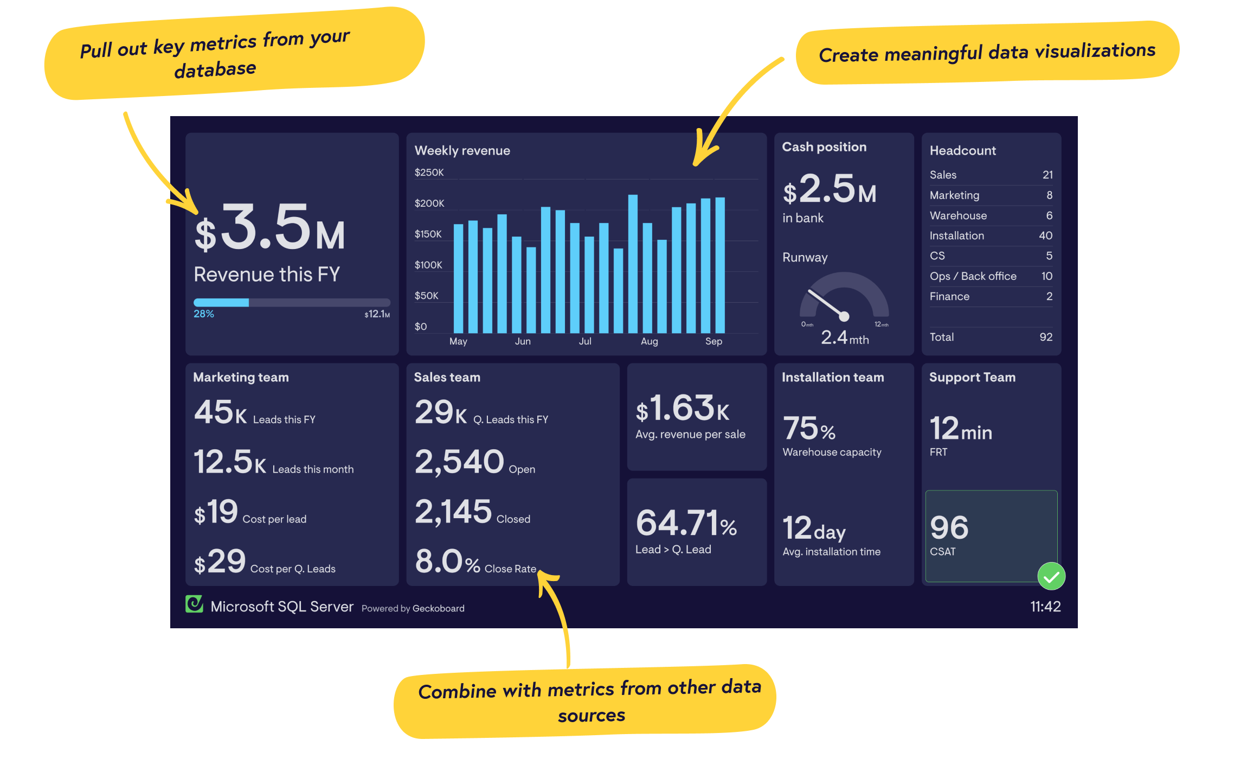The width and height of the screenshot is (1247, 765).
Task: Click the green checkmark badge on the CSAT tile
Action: pyautogui.click(x=1051, y=577)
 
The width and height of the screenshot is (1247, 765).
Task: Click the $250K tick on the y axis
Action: pyautogui.click(x=429, y=173)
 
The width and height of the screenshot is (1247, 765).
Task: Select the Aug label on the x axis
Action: pyautogui.click(x=649, y=341)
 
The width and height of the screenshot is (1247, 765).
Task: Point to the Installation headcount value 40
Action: pyautogui.click(x=1045, y=235)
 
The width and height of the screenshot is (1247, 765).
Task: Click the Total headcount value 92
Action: pyautogui.click(x=1046, y=337)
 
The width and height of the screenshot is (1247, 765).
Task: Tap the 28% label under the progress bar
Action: pyautogui.click(x=204, y=314)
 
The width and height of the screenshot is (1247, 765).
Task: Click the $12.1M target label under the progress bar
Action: pyautogui.click(x=377, y=314)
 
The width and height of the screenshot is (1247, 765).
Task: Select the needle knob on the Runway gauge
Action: pyautogui.click(x=844, y=316)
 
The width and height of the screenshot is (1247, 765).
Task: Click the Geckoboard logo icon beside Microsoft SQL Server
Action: pyautogui.click(x=194, y=604)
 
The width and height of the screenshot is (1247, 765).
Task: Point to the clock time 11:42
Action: pyautogui.click(x=1045, y=607)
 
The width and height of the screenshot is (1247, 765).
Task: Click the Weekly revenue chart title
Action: pyautogui.click(x=462, y=150)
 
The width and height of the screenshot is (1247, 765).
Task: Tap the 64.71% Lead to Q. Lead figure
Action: pyautogui.click(x=686, y=523)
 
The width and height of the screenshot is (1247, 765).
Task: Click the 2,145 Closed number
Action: pyautogui.click(x=453, y=512)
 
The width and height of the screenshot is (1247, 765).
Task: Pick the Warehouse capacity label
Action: pyautogui.click(x=832, y=452)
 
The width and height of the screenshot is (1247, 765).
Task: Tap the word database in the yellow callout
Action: pyautogui.click(x=215, y=69)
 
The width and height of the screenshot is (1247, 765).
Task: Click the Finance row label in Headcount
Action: pyautogui.click(x=949, y=296)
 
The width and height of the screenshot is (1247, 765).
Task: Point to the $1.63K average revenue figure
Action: pyautogui.click(x=682, y=409)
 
